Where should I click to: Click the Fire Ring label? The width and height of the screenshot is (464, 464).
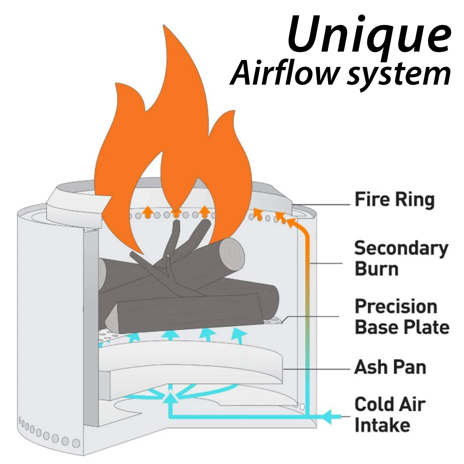394,200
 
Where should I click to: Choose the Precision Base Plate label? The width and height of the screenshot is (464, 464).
402,316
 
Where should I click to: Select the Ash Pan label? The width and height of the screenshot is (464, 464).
390,367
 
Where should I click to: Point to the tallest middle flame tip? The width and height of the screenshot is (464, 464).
165,28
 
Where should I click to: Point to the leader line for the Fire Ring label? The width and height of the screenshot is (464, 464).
322,204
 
